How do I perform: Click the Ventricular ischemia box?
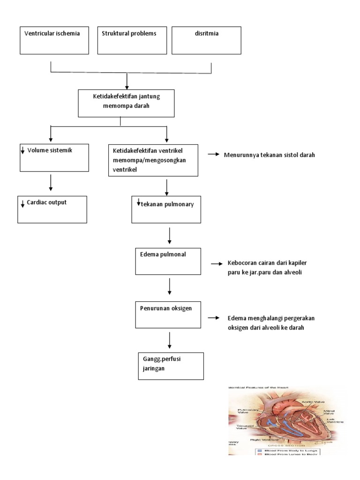[54, 40]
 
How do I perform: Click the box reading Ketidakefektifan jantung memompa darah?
[127, 103]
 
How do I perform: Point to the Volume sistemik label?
[49, 150]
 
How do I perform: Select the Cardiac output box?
[52, 209]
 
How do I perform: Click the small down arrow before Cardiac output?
[22, 203]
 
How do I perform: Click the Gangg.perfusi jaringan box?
[170, 366]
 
